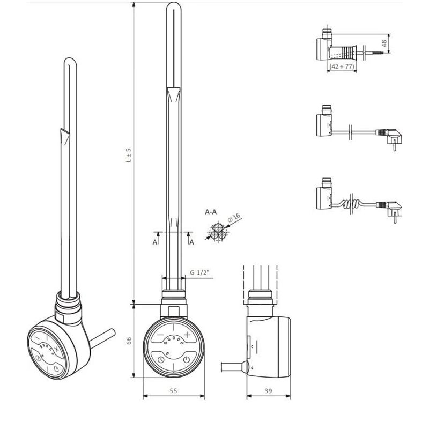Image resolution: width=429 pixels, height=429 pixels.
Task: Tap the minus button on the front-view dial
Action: tap(160, 335)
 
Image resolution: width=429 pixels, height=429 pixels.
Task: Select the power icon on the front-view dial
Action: tap(185, 360)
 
